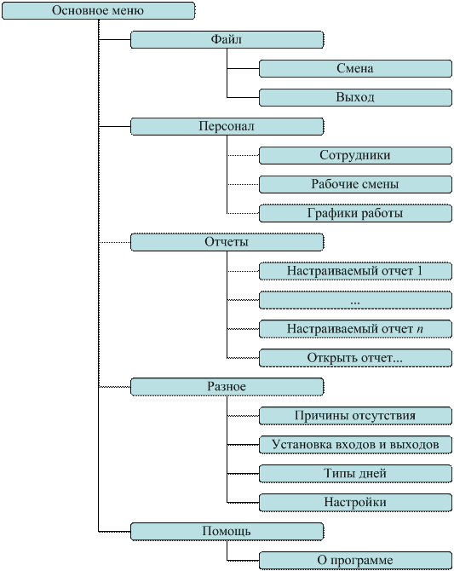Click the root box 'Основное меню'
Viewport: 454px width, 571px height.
[x=98, y=10]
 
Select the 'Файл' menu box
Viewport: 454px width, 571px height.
[x=227, y=39]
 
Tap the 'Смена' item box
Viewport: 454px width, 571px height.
[x=355, y=68]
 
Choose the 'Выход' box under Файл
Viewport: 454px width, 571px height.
[x=355, y=97]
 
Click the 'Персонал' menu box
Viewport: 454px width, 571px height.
[x=227, y=126]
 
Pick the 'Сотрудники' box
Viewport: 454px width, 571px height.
[x=355, y=155]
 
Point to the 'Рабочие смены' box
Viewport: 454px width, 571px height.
[x=355, y=184]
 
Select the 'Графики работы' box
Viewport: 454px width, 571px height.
[x=355, y=213]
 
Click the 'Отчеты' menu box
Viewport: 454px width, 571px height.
[x=227, y=242]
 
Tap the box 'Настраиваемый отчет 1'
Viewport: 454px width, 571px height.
[x=355, y=271]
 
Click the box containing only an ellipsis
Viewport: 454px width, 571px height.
[x=355, y=300]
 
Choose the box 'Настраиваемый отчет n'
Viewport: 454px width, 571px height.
[x=355, y=329]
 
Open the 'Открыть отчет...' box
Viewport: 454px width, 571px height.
[x=355, y=358]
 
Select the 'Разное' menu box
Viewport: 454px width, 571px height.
[x=227, y=386]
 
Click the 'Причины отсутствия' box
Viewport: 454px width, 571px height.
[x=355, y=416]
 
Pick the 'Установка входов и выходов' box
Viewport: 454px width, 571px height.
[x=355, y=444]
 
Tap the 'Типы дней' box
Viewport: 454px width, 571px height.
[x=355, y=473]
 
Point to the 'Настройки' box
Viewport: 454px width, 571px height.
[x=355, y=502]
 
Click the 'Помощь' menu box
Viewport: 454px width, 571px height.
[x=227, y=531]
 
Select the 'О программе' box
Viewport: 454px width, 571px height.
[x=355, y=560]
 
